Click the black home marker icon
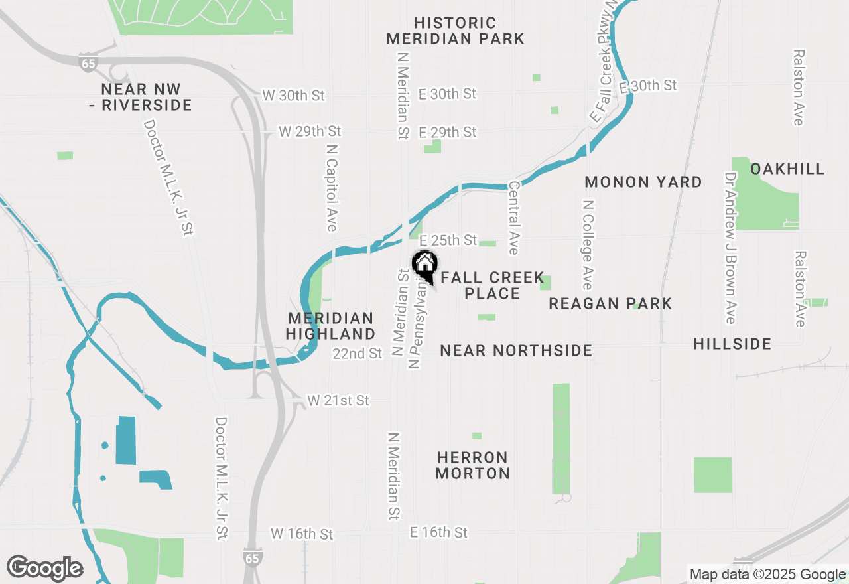[x=424, y=265]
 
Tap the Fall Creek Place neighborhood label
[x=492, y=285]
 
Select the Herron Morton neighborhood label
[x=473, y=465]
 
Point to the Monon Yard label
[x=643, y=182]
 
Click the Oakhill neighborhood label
[x=787, y=169]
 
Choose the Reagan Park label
[x=610, y=303]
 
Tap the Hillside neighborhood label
[x=732, y=344]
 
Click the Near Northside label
[x=516, y=350]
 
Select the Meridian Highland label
[x=332, y=326]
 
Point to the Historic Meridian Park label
[x=455, y=31]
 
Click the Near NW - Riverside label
[x=141, y=97]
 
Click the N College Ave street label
[x=587, y=244]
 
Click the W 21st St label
[x=338, y=401]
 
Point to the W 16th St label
[x=302, y=534]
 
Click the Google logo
[x=44, y=569]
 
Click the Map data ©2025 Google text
[x=767, y=575]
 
